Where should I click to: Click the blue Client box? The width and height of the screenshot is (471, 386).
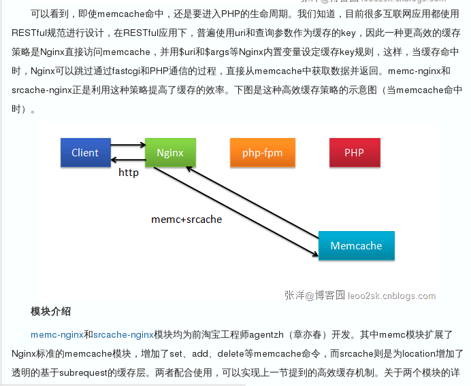pos(85,153)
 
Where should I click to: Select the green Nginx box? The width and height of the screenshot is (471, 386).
pos(170,153)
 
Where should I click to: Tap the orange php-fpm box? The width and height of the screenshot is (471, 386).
pos(262,153)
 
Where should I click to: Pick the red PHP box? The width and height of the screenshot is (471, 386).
pos(354,153)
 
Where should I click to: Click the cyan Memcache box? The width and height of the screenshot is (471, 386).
pos(356,246)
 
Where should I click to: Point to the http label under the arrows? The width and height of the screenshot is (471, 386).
pos(128,173)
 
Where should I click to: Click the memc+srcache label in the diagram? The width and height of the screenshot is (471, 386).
pos(186,220)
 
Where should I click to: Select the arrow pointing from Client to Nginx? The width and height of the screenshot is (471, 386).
pos(127,145)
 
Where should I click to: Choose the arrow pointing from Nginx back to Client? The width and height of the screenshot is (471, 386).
pos(127,160)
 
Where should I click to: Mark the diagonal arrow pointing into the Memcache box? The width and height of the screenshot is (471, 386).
pos(235,211)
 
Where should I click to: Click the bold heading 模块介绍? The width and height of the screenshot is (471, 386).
pos(50,311)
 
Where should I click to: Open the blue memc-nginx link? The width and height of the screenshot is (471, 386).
pos(56,334)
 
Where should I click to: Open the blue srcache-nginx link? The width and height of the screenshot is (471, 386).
pos(123,334)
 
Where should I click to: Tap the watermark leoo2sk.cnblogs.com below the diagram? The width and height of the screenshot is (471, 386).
pos(391,296)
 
